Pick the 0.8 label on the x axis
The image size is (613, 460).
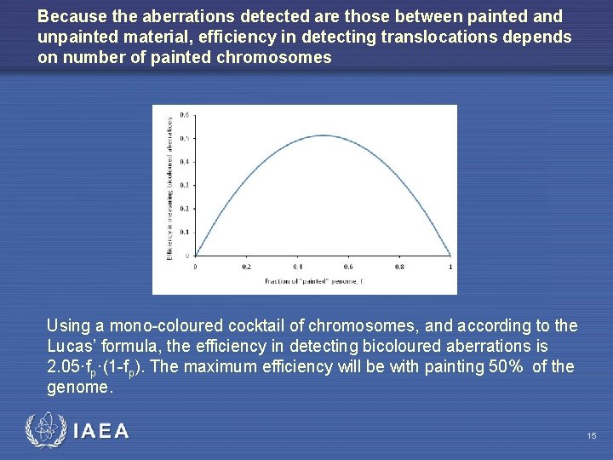399,267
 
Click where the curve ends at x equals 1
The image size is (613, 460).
450,255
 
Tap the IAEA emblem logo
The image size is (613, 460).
43,430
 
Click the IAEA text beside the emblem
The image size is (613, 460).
100,431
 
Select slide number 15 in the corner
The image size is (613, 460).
591,436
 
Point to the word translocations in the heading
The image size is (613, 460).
433,37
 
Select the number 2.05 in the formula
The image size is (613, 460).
65,367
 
